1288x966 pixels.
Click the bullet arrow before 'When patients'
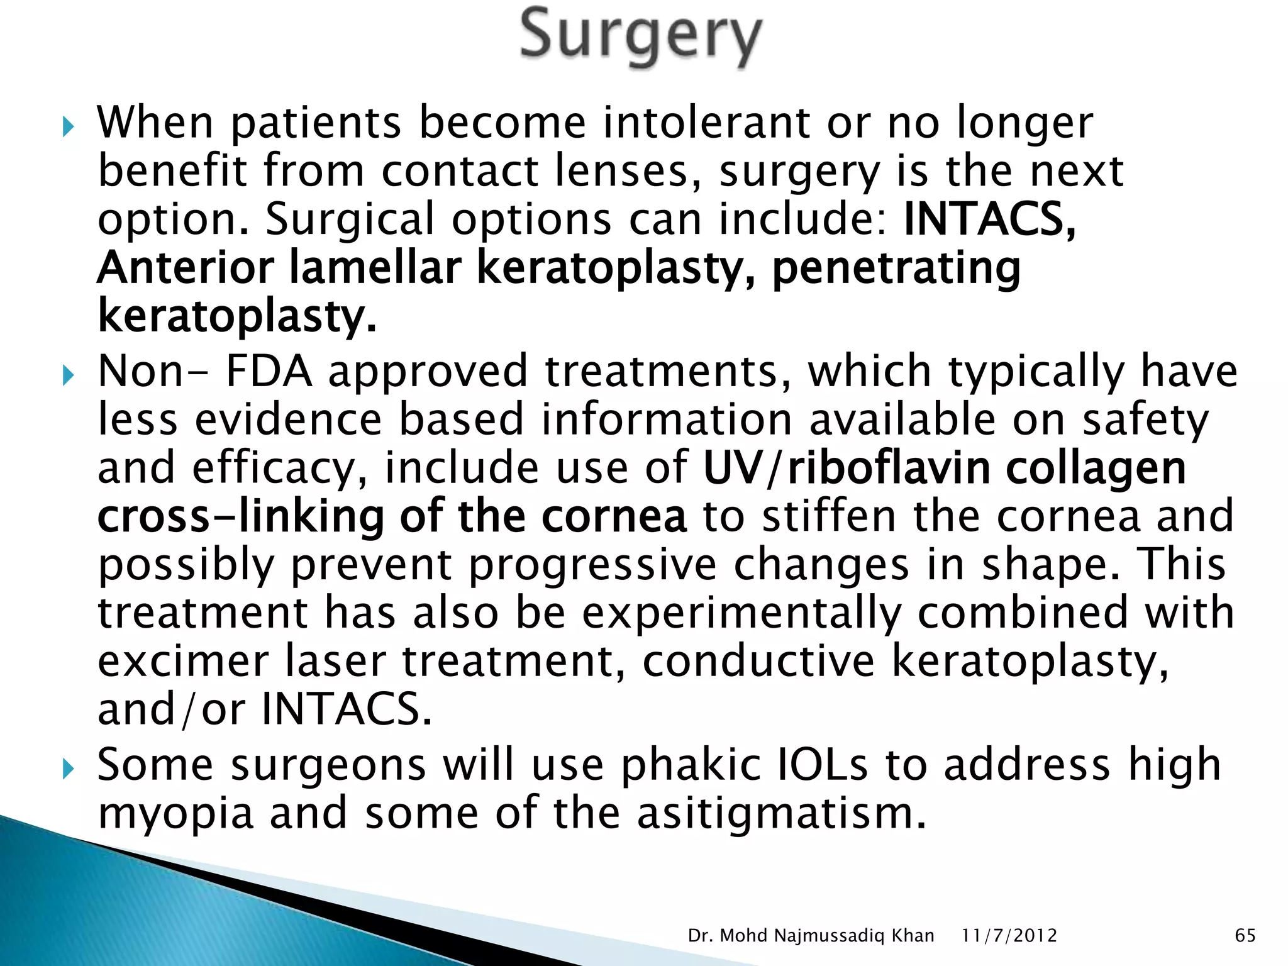coord(69,129)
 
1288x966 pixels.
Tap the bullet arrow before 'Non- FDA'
coord(69,377)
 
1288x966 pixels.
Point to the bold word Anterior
coord(186,269)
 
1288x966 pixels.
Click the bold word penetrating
coord(896,269)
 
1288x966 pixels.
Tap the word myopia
coord(176,814)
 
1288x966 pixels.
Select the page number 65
coord(1245,936)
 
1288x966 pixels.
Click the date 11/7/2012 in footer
coord(1009,936)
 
